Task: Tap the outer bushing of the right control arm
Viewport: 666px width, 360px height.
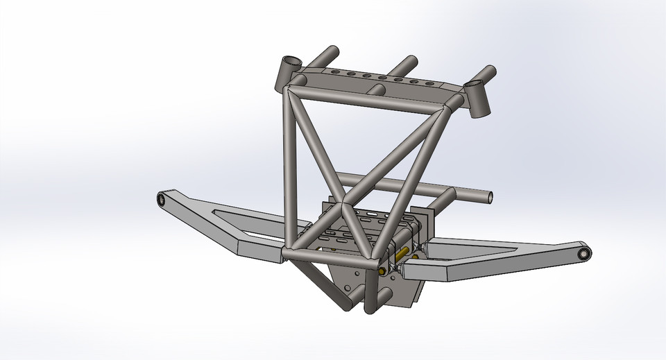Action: point(584,255)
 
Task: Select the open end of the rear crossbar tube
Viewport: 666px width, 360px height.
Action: point(490,197)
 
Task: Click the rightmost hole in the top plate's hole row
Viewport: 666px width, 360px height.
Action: point(434,85)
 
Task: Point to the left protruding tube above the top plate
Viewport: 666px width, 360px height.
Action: point(328,54)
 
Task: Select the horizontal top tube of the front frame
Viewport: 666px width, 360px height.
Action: point(368,97)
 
